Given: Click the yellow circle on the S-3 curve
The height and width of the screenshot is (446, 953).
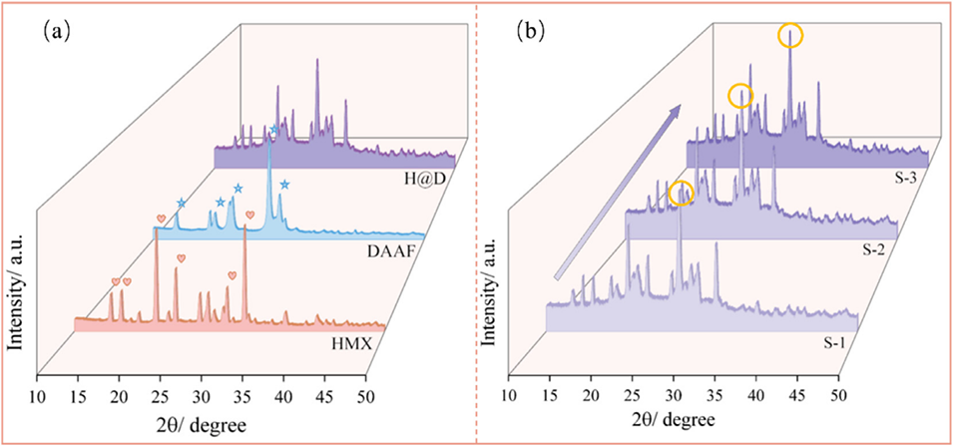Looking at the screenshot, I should (790, 37).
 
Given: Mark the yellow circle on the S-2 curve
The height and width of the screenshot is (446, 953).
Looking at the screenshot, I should (740, 96).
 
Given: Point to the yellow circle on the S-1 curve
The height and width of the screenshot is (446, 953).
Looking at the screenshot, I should (681, 194).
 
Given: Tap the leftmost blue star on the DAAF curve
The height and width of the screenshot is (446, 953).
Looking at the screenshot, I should (181, 204).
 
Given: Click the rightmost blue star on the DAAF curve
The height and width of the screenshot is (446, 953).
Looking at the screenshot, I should (285, 185).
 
